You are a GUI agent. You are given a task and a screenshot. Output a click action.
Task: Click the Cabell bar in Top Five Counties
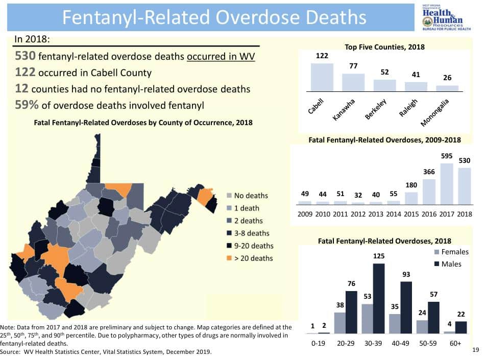pos(322,77)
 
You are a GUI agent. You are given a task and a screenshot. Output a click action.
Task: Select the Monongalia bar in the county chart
pos(447,88)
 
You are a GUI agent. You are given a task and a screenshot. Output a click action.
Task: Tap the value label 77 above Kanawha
pos(353,66)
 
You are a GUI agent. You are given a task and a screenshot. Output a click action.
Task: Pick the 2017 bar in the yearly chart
pos(447,184)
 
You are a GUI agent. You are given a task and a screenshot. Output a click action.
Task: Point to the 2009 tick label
pos(305,214)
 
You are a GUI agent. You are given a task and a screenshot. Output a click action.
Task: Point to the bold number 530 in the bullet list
pos(25,56)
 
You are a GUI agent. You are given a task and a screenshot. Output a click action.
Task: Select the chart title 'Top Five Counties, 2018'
pos(384,47)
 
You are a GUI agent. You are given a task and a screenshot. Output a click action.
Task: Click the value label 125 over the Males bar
pos(378,255)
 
